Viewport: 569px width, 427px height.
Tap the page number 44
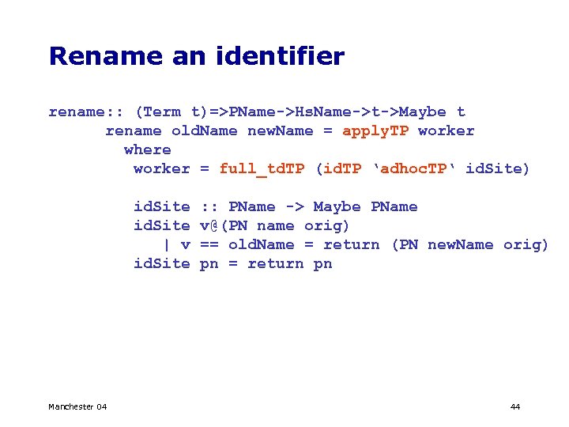515,406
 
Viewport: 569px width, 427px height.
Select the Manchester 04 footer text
77,406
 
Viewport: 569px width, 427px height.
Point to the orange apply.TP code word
375,130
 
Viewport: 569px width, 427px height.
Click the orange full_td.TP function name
263,168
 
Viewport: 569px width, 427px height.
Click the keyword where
148,149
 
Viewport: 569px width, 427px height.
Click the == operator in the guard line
209,244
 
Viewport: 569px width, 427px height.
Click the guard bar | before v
166,244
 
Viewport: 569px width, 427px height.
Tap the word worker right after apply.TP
447,130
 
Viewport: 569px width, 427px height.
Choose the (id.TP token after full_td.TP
338,168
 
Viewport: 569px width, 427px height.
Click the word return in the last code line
275,263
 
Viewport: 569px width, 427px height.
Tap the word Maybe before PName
338,206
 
